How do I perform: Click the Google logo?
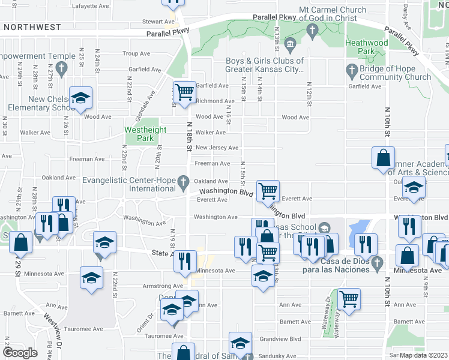20,353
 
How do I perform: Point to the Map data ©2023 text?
423,355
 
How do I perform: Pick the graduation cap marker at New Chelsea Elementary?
80,98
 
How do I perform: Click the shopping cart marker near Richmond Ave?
184,92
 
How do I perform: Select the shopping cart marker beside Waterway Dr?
349,298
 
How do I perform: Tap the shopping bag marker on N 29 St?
21,243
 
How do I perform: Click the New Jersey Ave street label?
217,148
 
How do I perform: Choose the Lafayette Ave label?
90,5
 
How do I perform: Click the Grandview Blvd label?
283,338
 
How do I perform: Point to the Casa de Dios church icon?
377,262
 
